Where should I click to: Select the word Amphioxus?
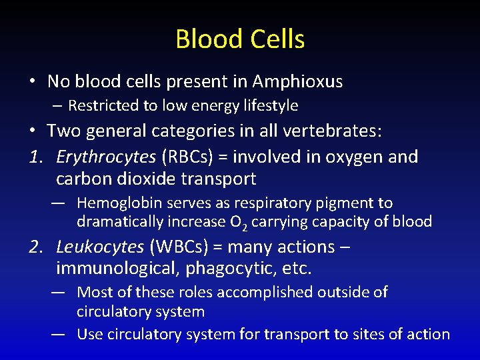[x=297, y=82]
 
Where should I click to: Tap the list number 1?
[x=35, y=157]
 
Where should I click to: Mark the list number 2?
[x=35, y=247]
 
